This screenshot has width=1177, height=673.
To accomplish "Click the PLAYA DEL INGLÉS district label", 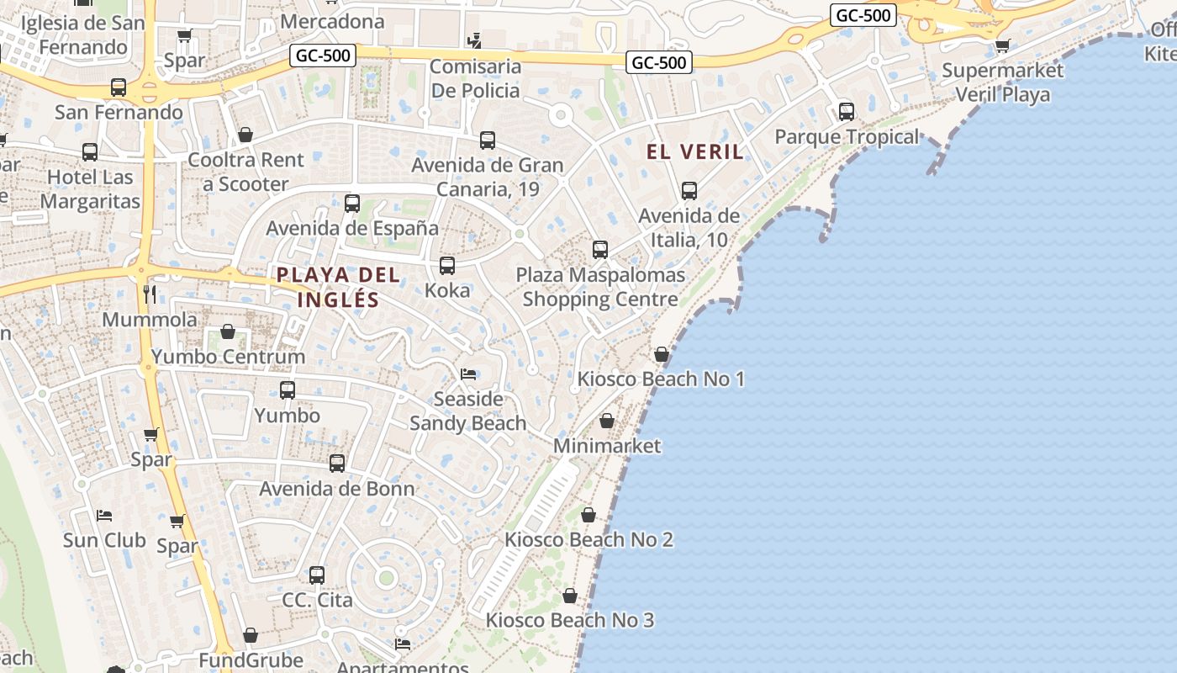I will pyautogui.click(x=338, y=287).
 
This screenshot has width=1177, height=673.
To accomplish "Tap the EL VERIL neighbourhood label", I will pyautogui.click(x=694, y=152).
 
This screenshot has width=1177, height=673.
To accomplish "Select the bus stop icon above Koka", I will pyautogui.click(x=447, y=266).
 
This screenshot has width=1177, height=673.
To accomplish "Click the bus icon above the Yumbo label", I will pyautogui.click(x=288, y=390).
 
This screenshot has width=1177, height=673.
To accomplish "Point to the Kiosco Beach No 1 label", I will pyautogui.click(x=661, y=379).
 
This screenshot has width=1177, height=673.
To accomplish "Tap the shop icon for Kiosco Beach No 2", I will pyautogui.click(x=588, y=515).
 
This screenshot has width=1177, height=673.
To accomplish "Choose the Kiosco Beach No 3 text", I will pyautogui.click(x=570, y=621).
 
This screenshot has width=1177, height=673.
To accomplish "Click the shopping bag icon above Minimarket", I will pyautogui.click(x=607, y=421).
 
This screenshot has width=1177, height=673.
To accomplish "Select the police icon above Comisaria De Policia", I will pyautogui.click(x=475, y=40).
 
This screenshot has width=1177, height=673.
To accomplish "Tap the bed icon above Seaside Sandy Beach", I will pyautogui.click(x=468, y=374).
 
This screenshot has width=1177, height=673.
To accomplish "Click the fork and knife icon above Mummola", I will pyautogui.click(x=150, y=294).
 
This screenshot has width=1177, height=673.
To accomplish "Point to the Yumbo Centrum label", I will pyautogui.click(x=229, y=357).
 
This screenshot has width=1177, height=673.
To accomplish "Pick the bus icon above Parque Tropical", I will pyautogui.click(x=847, y=111).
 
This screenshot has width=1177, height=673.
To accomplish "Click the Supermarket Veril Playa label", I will pyautogui.click(x=1002, y=82).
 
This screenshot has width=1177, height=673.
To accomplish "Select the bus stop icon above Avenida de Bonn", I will pyautogui.click(x=337, y=464).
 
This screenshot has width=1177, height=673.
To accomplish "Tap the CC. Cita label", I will pyautogui.click(x=317, y=601).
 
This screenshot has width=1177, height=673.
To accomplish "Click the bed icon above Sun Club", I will pyautogui.click(x=104, y=515).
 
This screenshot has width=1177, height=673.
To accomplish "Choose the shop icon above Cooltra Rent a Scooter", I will pyautogui.click(x=245, y=135).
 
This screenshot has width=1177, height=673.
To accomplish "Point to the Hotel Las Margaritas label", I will pyautogui.click(x=91, y=189).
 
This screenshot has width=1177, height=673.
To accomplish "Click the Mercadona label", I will pyautogui.click(x=332, y=21).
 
